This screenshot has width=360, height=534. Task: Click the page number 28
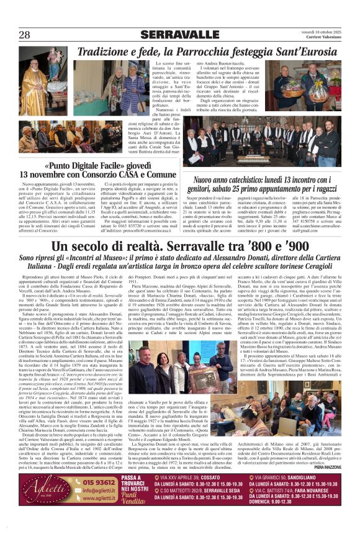point(25,34)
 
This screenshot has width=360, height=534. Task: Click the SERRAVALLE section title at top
point(179,34)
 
